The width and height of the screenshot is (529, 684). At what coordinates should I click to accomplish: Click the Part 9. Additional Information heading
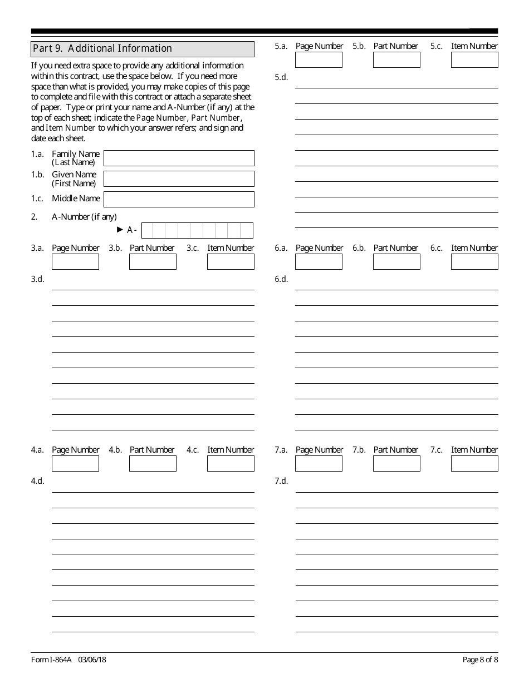click(x=102, y=48)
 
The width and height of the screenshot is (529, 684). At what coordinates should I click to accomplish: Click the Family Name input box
click(x=179, y=158)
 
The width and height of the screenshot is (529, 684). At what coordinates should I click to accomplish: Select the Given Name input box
click(x=179, y=179)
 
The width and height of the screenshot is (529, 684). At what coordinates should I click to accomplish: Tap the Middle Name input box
click(x=179, y=199)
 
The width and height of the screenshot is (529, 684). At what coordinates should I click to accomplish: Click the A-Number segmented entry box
click(x=197, y=230)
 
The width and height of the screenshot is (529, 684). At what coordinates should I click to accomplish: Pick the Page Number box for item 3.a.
click(x=75, y=261)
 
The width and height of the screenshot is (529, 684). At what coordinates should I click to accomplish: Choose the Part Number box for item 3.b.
click(x=153, y=261)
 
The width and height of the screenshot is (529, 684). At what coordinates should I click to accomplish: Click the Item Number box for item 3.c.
click(x=231, y=261)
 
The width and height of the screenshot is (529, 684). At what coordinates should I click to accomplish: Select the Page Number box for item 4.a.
click(x=75, y=463)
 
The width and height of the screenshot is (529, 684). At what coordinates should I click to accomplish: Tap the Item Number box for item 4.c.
click(x=231, y=463)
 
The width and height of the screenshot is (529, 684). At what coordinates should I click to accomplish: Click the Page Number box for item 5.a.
click(x=319, y=60)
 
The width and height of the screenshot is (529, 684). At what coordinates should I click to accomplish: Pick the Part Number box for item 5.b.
click(x=396, y=60)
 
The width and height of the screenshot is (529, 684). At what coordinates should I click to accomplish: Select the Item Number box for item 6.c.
click(x=474, y=261)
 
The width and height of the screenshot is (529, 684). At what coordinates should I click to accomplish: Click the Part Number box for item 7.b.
click(x=396, y=463)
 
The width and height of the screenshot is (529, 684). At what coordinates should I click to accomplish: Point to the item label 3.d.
click(x=37, y=279)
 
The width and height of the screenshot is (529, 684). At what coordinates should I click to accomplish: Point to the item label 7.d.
click(x=281, y=481)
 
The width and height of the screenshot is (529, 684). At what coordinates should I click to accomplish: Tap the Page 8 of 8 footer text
click(x=480, y=660)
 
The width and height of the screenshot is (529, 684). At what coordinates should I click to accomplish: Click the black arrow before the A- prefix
click(x=120, y=229)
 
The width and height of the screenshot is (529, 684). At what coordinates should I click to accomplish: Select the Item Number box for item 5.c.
click(x=474, y=60)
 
